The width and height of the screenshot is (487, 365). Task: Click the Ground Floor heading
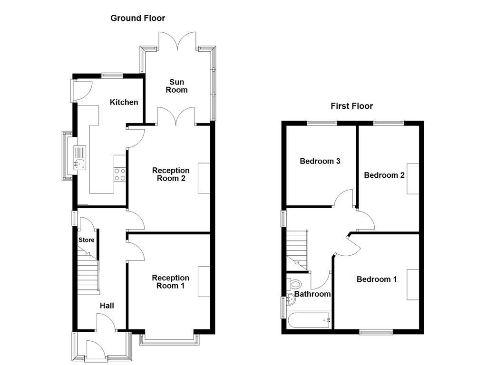pos(137,18)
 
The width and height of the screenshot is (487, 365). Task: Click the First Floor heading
pos(351,106)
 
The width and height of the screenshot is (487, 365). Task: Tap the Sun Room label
pos(176,86)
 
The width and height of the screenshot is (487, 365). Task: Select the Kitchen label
pos(124,102)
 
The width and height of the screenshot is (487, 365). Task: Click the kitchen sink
pos(79,158)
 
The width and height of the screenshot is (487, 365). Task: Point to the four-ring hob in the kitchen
pos(120,174)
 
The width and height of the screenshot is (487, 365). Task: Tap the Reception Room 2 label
pos(171,174)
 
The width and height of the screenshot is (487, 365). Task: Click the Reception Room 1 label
pos(171,282)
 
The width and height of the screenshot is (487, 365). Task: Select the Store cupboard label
pos(86,240)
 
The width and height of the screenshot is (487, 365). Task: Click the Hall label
pos(107,306)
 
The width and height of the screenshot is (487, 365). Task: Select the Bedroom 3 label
pos(320,161)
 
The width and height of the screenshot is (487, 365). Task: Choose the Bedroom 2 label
pos(384,175)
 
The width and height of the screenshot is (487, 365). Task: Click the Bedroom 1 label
pos(377,279)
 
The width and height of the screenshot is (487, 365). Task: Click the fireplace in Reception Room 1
pos(204,282)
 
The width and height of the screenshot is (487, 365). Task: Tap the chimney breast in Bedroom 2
pos(413,179)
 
